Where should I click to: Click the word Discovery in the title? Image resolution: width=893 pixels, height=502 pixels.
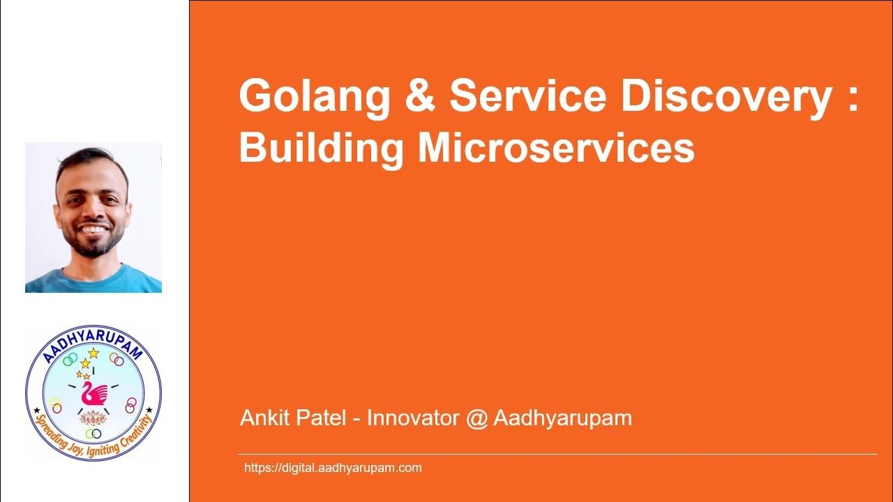[x=726, y=98]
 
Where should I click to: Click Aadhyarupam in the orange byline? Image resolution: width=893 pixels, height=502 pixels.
[x=562, y=419]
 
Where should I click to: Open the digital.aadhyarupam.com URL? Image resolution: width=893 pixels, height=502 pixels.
[x=333, y=468]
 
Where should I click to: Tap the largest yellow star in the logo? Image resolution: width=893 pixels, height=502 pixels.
[x=93, y=353]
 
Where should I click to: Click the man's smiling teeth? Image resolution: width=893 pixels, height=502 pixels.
[x=93, y=229]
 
